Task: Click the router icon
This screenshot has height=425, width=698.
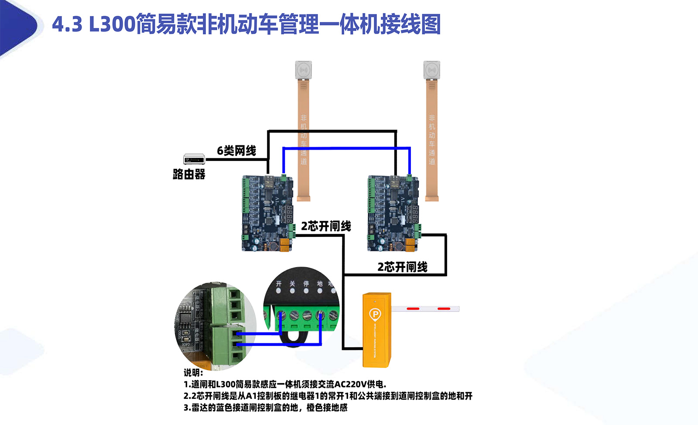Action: pyautogui.click(x=194, y=159)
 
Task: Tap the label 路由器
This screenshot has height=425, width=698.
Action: pyautogui.click(x=189, y=175)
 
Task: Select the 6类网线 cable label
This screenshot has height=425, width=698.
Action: pyautogui.click(x=236, y=151)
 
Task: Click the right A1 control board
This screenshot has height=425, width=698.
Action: pyautogui.click(x=393, y=213)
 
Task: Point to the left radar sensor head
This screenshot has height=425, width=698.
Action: pyautogui.click(x=304, y=70)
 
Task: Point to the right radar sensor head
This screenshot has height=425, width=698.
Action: pyautogui.click(x=432, y=70)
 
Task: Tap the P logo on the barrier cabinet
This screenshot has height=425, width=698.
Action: pyautogui.click(x=375, y=314)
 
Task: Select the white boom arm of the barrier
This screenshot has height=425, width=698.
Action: pyautogui.click(x=425, y=308)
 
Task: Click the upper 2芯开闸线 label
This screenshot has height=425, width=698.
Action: pyautogui.click(x=326, y=226)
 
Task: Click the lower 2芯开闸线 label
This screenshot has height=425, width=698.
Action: pyautogui.click(x=402, y=267)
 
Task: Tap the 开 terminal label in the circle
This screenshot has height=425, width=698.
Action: pyautogui.click(x=279, y=284)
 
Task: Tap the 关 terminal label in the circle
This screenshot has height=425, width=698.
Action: pyautogui.click(x=292, y=284)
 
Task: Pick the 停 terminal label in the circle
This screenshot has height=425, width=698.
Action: pyautogui.click(x=306, y=284)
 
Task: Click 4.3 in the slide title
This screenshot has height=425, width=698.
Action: pyautogui.click(x=67, y=24)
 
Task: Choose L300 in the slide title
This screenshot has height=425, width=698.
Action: pyautogui.click(x=113, y=24)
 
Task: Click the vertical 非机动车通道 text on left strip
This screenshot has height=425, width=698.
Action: pyautogui.click(x=304, y=140)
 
